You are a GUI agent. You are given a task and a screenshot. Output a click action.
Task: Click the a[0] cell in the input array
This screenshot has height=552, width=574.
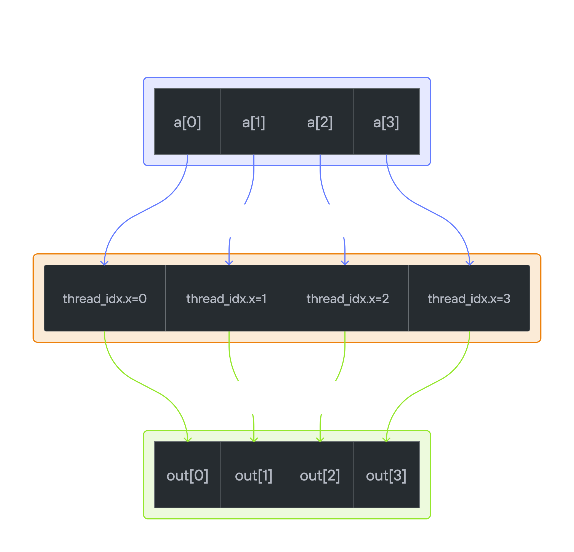click(187, 122)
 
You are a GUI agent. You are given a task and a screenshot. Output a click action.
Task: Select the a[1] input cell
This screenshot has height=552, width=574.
click(254, 122)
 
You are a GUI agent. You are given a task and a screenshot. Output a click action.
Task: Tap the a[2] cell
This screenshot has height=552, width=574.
click(320, 122)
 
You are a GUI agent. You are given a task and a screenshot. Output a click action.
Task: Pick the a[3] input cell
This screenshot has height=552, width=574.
click(386, 122)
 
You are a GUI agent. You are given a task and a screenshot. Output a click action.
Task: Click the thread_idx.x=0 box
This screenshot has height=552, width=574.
click(105, 298)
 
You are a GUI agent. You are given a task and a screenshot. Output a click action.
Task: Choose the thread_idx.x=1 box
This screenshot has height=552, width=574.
click(226, 298)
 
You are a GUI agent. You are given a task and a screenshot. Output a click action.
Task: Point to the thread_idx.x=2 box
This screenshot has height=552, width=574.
click(348, 298)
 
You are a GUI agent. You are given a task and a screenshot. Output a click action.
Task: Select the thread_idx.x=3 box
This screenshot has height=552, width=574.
click(469, 298)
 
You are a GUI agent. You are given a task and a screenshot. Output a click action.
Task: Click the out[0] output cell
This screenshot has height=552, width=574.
click(187, 475)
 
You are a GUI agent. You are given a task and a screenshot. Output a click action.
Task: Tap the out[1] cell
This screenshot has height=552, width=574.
click(254, 475)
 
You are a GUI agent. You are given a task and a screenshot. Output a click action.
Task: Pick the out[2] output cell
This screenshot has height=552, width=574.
click(320, 475)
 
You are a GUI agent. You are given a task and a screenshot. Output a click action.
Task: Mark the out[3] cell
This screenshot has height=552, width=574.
click(386, 475)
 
